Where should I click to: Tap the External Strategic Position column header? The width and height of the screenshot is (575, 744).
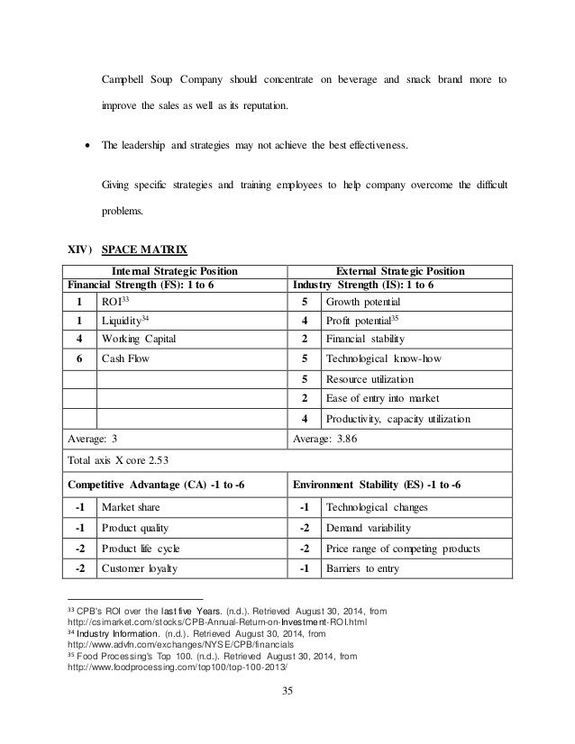coord(400,269)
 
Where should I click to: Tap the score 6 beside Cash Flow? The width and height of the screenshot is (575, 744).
coord(81,358)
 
